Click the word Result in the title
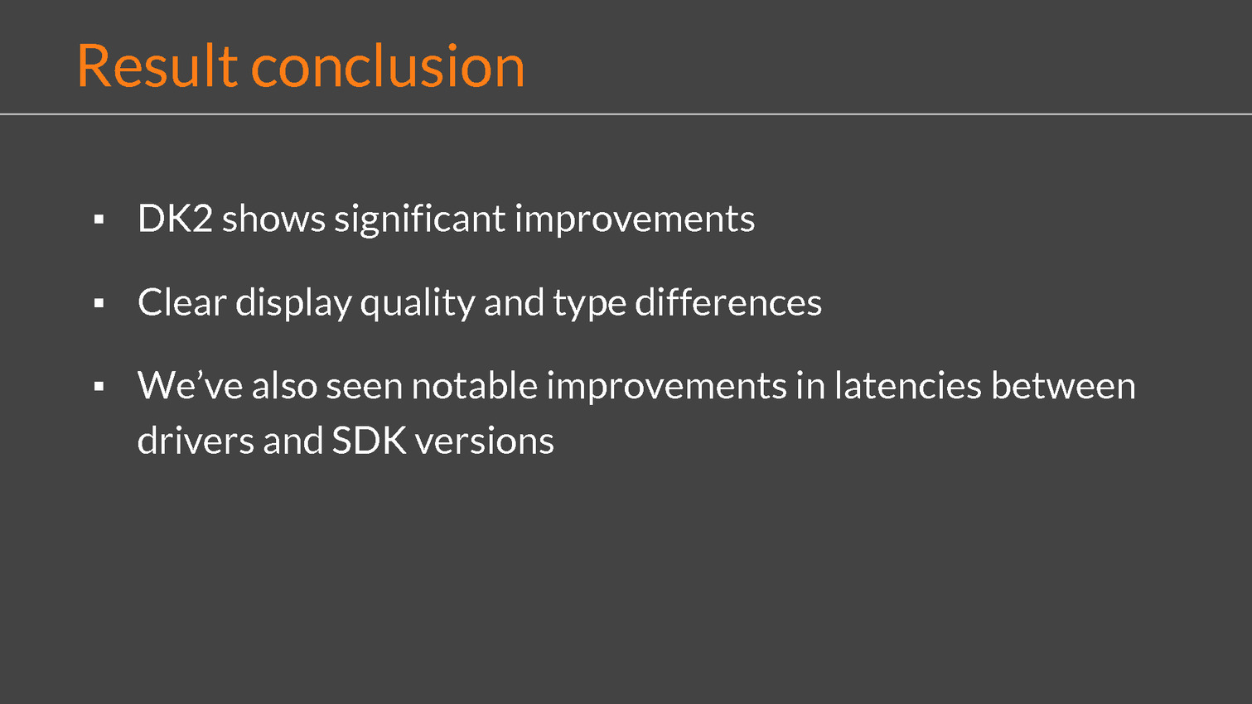tap(157, 65)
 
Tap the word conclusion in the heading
tap(388, 65)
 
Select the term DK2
tap(175, 218)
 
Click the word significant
tap(420, 219)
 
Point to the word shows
tap(273, 218)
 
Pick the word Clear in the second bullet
tap(182, 302)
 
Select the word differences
tap(728, 302)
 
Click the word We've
tap(190, 385)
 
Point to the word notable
tap(475, 385)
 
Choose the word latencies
tap(907, 385)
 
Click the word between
tap(1063, 385)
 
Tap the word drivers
tap(196, 441)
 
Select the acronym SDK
tap(369, 441)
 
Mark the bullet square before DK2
tap(99, 219)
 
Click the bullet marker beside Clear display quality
tap(99, 303)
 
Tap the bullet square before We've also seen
tap(99, 386)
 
